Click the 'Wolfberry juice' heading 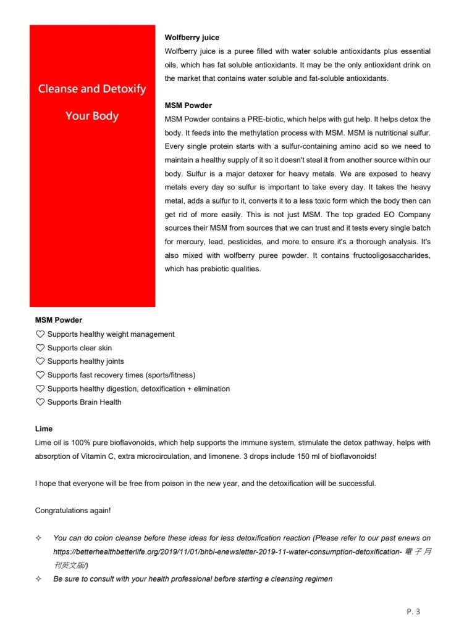(192, 38)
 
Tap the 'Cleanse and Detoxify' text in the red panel (92, 89)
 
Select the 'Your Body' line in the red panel (92, 116)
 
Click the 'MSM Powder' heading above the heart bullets (59, 320)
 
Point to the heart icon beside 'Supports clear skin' (40, 348)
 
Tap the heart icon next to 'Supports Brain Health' (40, 402)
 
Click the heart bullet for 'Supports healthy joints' (40, 361)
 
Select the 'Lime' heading (44, 429)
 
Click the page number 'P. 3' (413, 611)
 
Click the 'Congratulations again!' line (73, 511)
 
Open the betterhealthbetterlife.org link (228, 551)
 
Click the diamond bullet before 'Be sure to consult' (39, 579)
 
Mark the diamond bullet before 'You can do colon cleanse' (39, 538)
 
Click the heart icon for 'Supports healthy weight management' (40, 334)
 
